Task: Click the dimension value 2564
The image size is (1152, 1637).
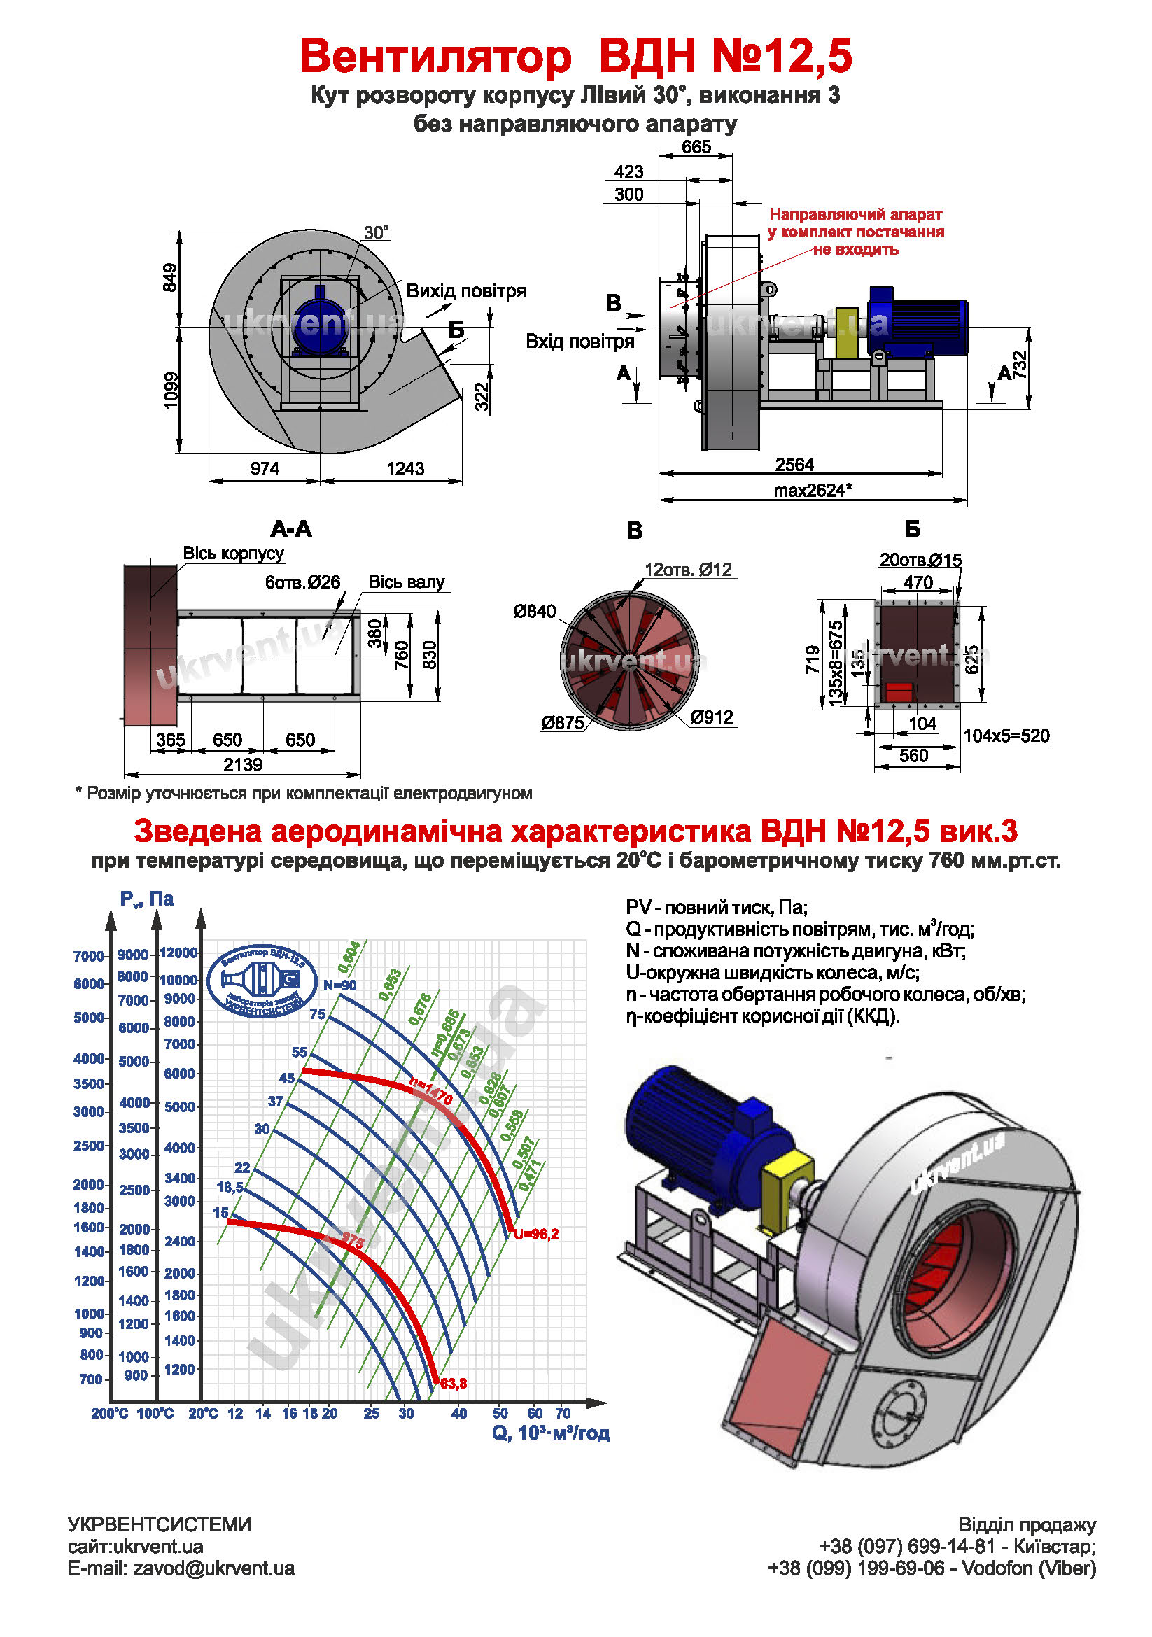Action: (794, 464)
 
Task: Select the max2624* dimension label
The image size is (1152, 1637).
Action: (812, 491)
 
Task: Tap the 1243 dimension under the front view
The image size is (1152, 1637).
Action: (405, 468)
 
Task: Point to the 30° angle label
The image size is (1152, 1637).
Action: (376, 233)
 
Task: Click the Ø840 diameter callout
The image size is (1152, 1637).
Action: (534, 611)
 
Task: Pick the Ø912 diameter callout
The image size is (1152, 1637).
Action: (711, 717)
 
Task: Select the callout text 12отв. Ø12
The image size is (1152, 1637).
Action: (687, 570)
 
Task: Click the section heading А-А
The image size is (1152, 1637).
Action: (291, 528)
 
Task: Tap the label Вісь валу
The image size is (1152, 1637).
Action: (406, 582)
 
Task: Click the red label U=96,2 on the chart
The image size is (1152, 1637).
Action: (536, 1234)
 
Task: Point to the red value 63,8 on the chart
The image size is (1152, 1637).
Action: (454, 1383)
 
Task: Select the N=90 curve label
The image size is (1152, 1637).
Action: (339, 985)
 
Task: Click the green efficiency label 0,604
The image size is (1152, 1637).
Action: (349, 957)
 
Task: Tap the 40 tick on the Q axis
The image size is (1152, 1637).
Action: (458, 1413)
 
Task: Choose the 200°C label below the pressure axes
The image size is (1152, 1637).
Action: (109, 1413)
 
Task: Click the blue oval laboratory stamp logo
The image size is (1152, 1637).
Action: (262, 981)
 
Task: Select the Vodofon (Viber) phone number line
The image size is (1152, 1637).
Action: (931, 1568)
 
